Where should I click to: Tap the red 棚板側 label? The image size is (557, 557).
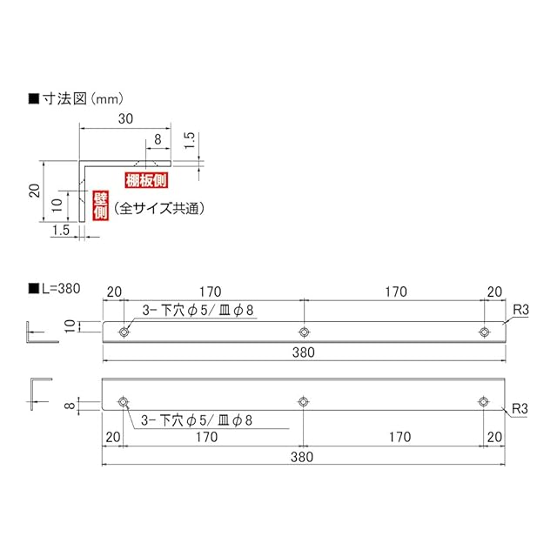click(146, 180)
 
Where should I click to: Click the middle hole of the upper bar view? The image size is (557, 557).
click(304, 332)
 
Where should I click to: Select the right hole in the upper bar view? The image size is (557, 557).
click(483, 332)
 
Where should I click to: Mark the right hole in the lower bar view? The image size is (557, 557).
click(483, 401)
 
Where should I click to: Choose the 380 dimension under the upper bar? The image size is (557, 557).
click(304, 352)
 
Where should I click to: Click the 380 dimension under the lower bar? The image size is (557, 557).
click(304, 456)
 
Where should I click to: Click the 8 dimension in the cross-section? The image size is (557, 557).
click(157, 138)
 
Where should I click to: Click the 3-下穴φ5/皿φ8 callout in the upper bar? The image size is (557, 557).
click(197, 309)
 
